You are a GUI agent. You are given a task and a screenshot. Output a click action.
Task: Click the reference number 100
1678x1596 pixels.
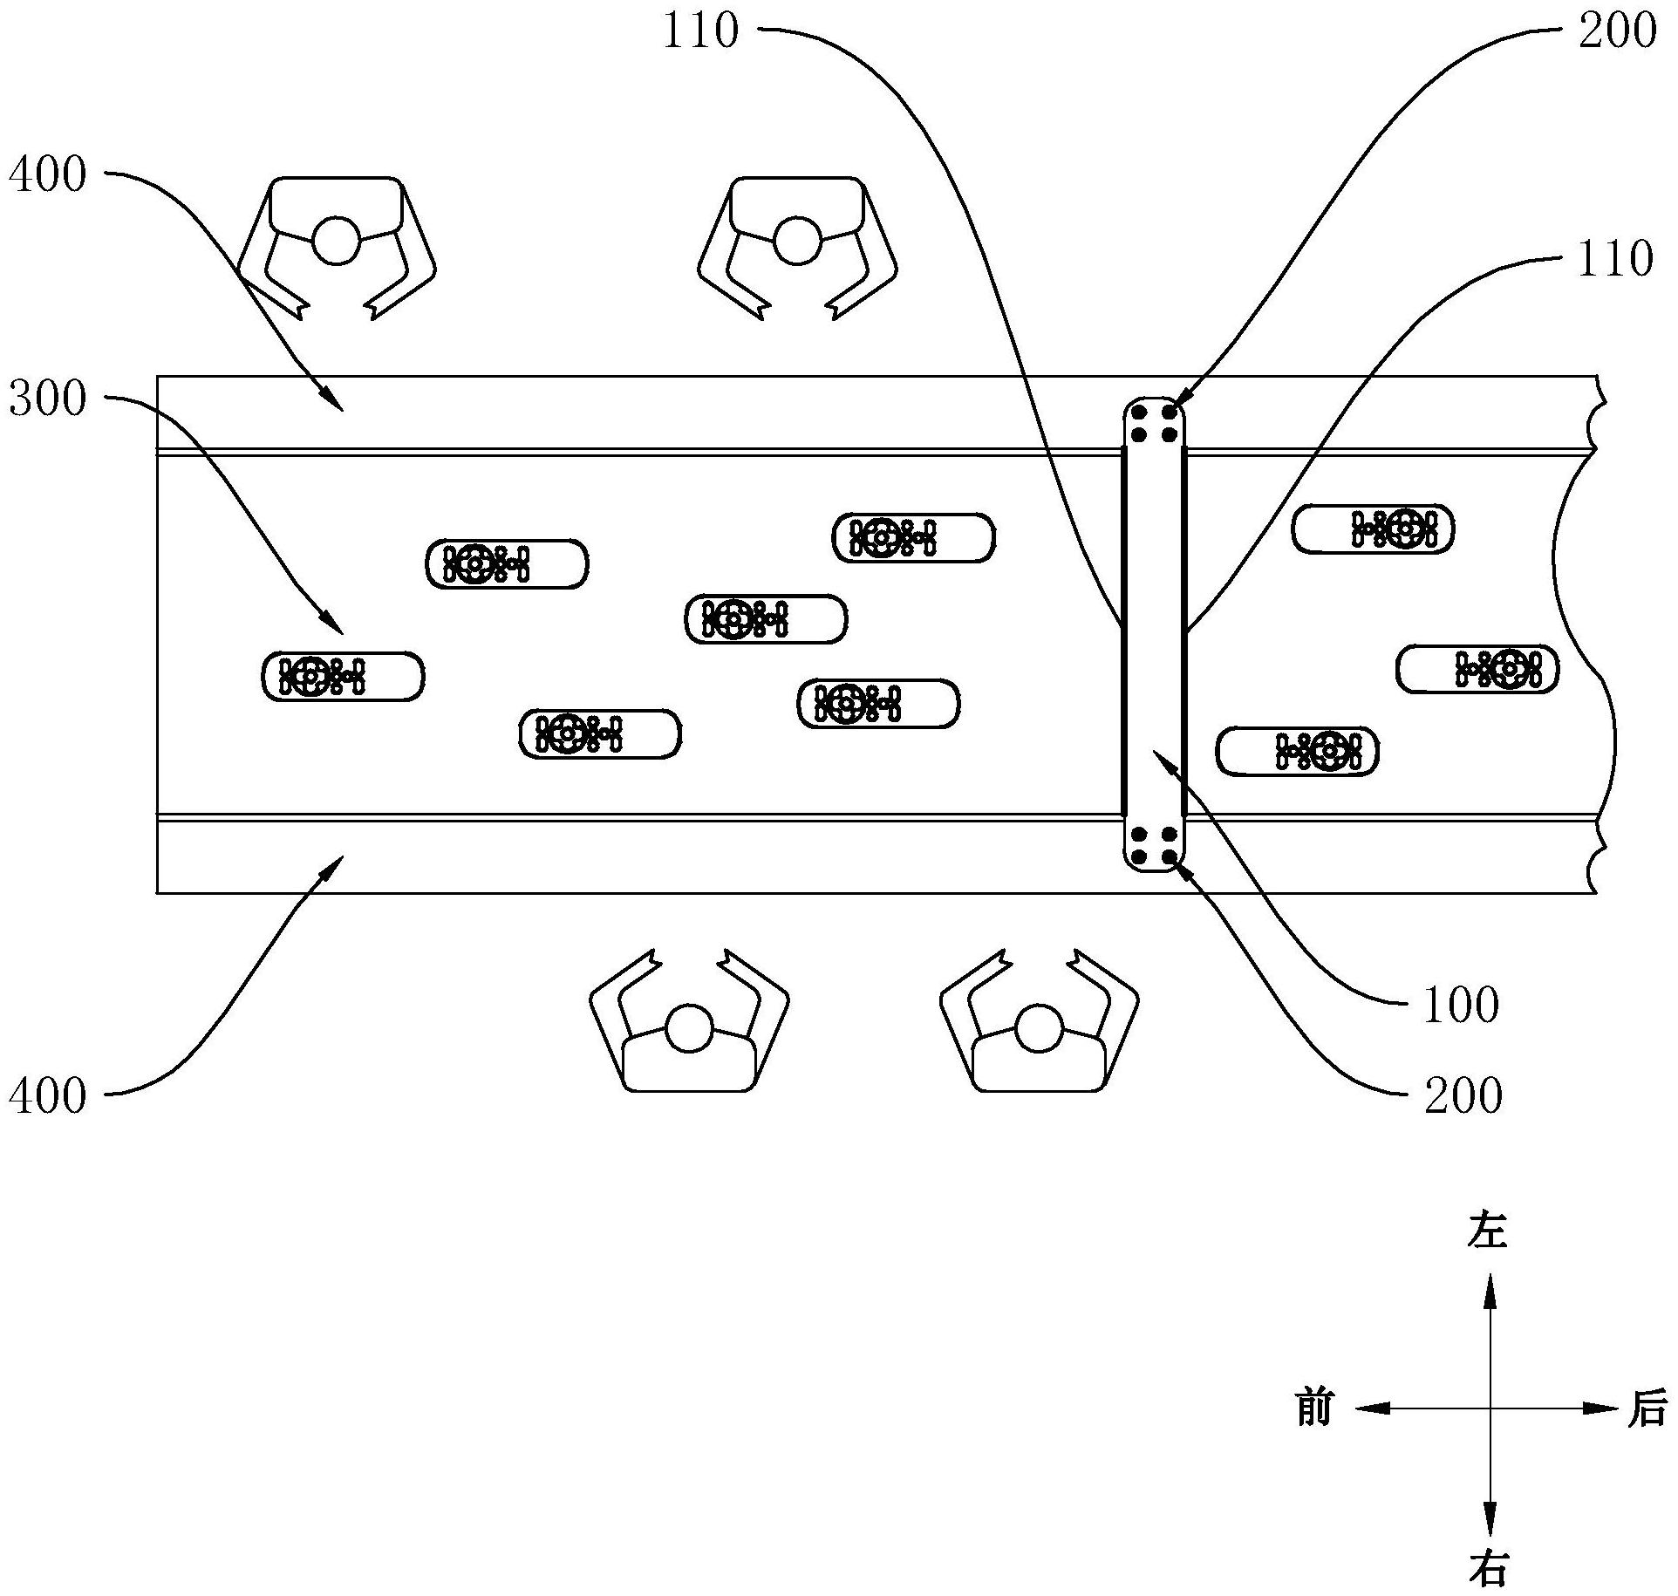[x=1460, y=1006]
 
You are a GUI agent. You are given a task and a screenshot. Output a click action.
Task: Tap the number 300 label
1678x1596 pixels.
[x=48, y=399]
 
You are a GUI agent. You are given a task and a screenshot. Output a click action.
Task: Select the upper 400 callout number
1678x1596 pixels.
[x=48, y=175]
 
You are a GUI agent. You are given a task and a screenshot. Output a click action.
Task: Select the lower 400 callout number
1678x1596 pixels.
[x=48, y=1096]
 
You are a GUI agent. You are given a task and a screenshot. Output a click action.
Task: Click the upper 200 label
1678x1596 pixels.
[x=1617, y=31]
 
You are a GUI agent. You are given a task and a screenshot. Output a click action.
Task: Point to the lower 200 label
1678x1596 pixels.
[x=1463, y=1096]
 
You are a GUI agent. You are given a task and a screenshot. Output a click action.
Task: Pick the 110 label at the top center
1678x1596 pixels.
[x=700, y=31]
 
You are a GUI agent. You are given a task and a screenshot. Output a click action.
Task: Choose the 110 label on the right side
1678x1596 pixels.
[x=1615, y=259]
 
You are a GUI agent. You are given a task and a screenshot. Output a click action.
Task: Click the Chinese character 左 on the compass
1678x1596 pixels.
[x=1488, y=1231]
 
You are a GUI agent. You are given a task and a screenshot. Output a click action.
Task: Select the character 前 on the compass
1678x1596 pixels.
[x=1314, y=1432]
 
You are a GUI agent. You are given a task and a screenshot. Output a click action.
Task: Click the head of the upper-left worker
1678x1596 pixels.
[x=336, y=241]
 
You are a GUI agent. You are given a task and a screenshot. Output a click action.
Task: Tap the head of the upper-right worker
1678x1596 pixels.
[x=796, y=241]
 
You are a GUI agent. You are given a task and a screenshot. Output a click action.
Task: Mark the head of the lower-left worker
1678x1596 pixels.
[x=689, y=1029]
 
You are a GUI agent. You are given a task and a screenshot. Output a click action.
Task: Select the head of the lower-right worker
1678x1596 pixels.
[x=1039, y=1029]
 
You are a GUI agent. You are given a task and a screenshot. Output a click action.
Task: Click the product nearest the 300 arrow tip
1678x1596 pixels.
[x=343, y=676]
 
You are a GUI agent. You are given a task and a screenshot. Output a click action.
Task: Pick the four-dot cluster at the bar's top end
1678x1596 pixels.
[x=1153, y=423]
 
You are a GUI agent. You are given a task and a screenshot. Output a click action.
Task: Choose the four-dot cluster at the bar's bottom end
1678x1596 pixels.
[x=1153, y=848]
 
